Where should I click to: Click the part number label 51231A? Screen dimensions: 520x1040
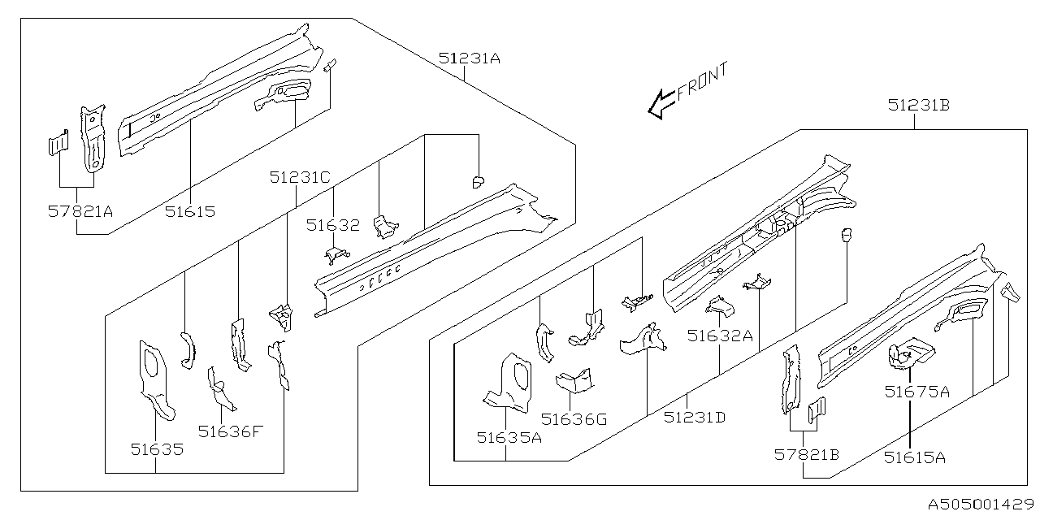pos(470,58)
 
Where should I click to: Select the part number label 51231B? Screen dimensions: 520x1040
pos(919,105)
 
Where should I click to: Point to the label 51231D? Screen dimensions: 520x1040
pos(694,418)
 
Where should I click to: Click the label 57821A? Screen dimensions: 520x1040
pos(80,212)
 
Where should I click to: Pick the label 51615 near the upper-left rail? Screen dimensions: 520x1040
pos(190,212)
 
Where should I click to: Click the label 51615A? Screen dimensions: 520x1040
pos(915,457)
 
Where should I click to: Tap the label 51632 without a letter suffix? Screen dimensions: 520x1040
pos(332,225)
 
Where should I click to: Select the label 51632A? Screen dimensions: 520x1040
pos(719,335)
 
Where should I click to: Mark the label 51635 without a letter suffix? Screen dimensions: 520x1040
pos(157,448)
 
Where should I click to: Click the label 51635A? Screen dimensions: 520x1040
pos(509,438)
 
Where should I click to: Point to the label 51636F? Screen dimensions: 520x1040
pos(232,431)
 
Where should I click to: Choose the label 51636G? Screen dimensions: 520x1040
pos(574,419)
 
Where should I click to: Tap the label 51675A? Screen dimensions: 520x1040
pos(917,392)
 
